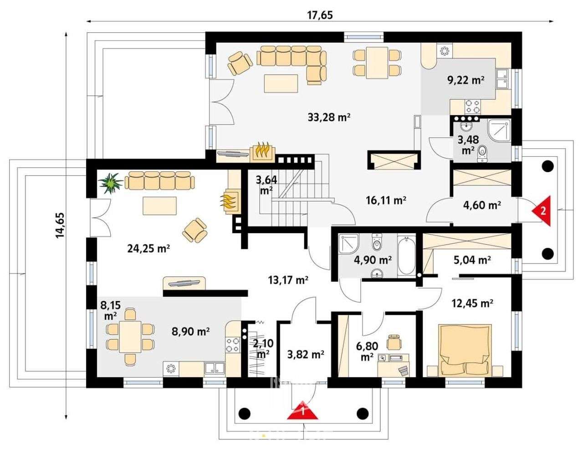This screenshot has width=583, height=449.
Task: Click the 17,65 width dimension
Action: (320, 15)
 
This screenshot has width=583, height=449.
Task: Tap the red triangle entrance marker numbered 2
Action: (542, 211)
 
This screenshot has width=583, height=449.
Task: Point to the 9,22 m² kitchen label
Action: (466, 80)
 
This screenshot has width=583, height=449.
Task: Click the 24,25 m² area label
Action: (148, 249)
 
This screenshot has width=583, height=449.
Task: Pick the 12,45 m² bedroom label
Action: (472, 303)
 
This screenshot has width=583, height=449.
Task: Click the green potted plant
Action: (111, 183)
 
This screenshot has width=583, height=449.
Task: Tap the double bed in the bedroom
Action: (465, 349)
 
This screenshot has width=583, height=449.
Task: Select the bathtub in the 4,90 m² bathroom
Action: (406, 255)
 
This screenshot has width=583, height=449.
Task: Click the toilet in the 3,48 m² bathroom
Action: (482, 154)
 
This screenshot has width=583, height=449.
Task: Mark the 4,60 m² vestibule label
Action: (482, 205)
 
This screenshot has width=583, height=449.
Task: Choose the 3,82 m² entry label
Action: (306, 355)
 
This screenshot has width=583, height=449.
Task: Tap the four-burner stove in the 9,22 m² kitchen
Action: (472, 106)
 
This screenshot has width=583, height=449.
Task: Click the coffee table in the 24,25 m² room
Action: (159, 206)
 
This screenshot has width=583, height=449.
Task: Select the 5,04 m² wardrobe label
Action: (472, 260)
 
